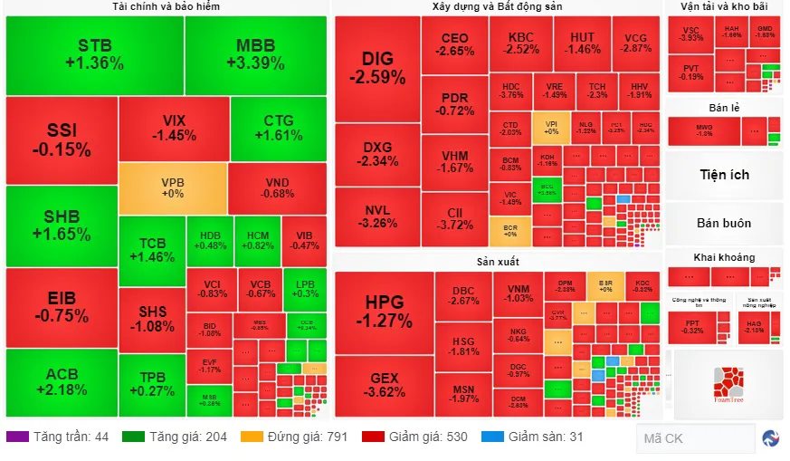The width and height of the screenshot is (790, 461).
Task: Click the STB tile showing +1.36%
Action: tap(94, 54)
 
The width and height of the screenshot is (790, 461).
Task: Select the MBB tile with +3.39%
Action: tap(255, 54)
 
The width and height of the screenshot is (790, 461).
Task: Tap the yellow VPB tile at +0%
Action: tap(173, 187)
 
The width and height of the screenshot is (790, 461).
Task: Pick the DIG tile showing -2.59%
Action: tap(376, 68)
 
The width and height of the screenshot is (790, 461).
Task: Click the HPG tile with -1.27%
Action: tap(384, 310)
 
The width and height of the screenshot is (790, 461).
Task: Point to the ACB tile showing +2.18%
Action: tap(62, 382)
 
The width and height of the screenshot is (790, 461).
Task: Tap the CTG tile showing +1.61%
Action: tap(278, 128)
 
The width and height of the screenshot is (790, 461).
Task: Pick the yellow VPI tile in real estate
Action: tap(551, 126)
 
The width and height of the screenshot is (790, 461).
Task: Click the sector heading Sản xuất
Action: tap(497, 263)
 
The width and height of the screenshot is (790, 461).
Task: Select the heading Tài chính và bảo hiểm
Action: tap(166, 6)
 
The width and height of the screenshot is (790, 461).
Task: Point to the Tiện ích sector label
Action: tap(724, 175)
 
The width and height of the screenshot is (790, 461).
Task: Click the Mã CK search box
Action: tap(695, 438)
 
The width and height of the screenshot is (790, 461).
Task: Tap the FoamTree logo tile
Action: tap(727, 383)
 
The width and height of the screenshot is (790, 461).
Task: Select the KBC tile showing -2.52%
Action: tap(521, 43)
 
